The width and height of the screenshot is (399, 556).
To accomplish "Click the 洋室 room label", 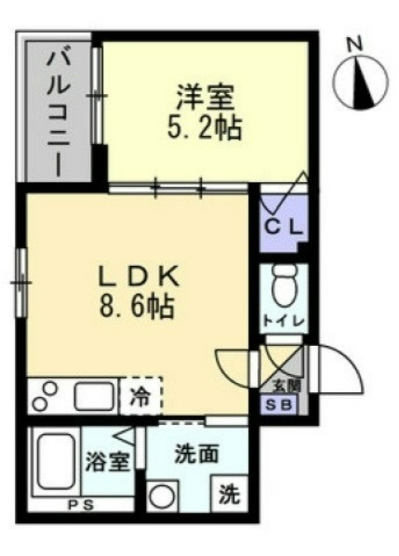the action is point(205,97).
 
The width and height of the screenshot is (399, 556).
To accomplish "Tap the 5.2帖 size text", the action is point(204,127).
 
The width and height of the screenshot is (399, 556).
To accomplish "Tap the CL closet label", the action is point(284,228).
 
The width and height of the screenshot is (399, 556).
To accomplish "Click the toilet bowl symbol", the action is point(285,286).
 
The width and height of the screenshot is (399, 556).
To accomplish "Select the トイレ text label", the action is point(284,321).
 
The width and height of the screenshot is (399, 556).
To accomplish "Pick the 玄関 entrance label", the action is point(286,386).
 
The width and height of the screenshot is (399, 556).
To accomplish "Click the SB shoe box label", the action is point(279,404).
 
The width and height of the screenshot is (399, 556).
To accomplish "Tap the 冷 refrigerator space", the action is point(141,395).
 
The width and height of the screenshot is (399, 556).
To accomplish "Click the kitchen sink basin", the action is point(95,396).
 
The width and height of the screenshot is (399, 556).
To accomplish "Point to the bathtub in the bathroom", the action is point(56,462).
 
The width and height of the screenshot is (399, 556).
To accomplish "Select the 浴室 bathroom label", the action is point(108,462).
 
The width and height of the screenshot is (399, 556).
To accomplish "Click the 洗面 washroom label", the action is point(196,455).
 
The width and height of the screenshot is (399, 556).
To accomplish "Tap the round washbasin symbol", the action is point(162,496).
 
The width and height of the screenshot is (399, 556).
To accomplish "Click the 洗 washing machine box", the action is point(229,493).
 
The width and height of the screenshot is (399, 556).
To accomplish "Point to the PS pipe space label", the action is point(81,505).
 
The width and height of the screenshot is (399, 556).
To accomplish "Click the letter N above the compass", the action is point(354,44).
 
